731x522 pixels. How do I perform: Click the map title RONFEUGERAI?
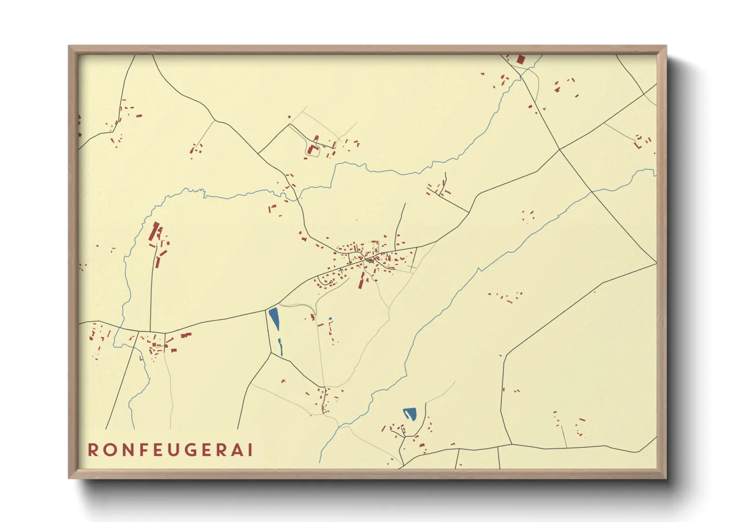[170, 450]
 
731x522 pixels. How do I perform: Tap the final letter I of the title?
[250, 450]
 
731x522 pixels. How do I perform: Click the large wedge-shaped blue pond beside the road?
[274, 318]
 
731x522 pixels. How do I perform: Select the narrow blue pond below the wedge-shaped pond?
[281, 346]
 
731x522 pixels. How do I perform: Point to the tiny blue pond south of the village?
[330, 319]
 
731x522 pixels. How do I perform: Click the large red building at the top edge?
[521, 60]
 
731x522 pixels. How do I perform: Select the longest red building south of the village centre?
[362, 281]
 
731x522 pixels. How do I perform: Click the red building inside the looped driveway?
[311, 149]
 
